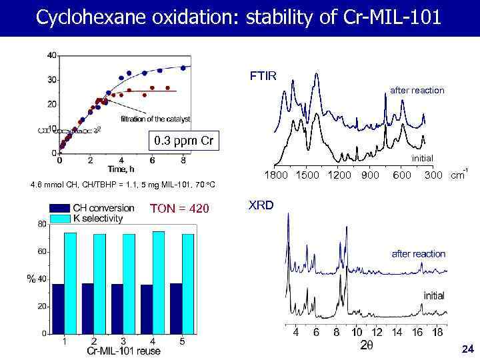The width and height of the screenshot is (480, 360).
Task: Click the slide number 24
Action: (467, 349)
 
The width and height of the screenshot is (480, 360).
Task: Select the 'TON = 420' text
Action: (180, 209)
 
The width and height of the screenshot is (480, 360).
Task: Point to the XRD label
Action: (261, 205)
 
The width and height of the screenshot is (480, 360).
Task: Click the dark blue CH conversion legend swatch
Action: (59, 207)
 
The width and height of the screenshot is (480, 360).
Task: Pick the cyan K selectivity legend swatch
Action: (59, 217)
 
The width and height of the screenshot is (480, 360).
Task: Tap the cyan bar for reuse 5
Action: (187, 283)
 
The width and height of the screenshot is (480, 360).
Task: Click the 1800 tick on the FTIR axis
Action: (279, 175)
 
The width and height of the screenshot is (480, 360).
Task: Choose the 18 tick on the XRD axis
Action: (437, 332)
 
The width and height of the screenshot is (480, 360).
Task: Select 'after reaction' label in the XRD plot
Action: (418, 254)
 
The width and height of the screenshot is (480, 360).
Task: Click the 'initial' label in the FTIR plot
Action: (422, 158)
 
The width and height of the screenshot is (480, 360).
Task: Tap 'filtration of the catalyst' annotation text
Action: (155, 119)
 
